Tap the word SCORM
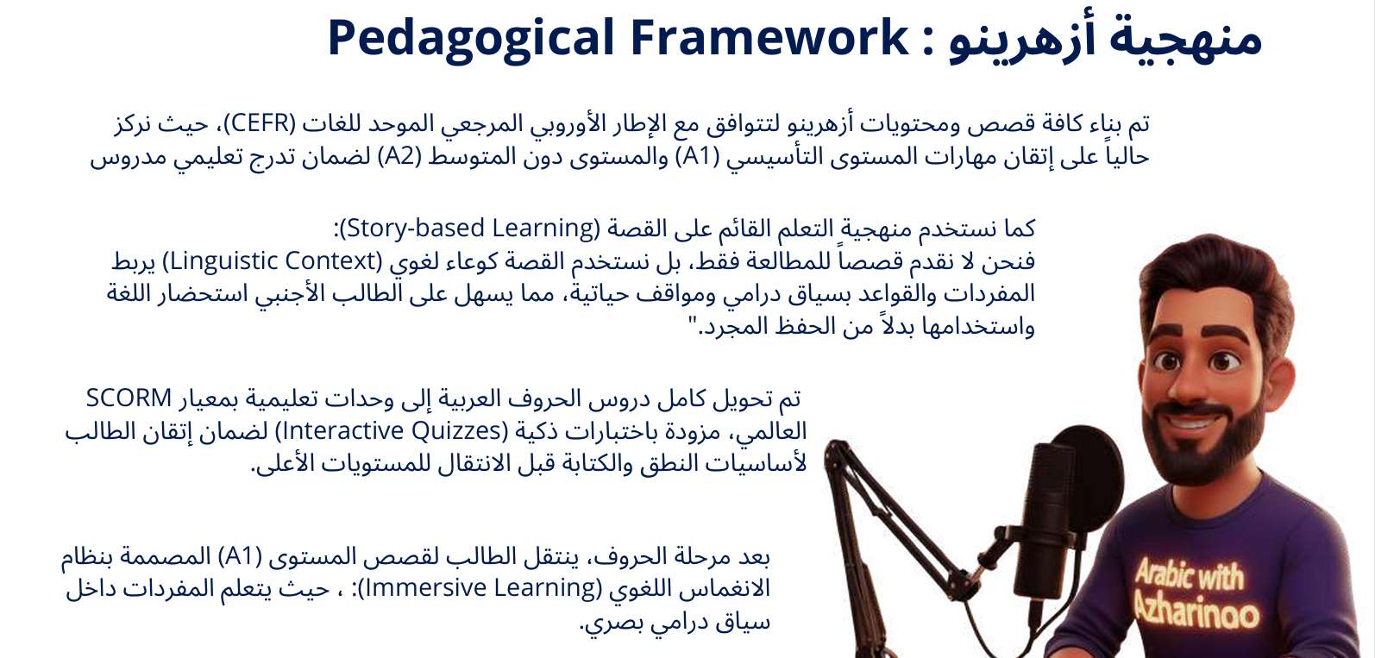(x=129, y=398)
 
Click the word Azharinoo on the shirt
(x=1196, y=610)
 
